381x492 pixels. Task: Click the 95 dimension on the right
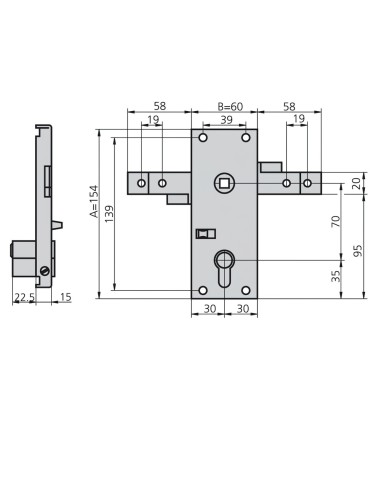[358, 252]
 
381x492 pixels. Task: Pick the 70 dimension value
[337, 220]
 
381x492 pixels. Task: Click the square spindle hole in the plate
[222, 183]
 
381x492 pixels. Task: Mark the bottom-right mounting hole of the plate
[248, 290]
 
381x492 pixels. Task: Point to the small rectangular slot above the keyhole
[203, 234]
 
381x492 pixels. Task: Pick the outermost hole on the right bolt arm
[307, 184]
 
